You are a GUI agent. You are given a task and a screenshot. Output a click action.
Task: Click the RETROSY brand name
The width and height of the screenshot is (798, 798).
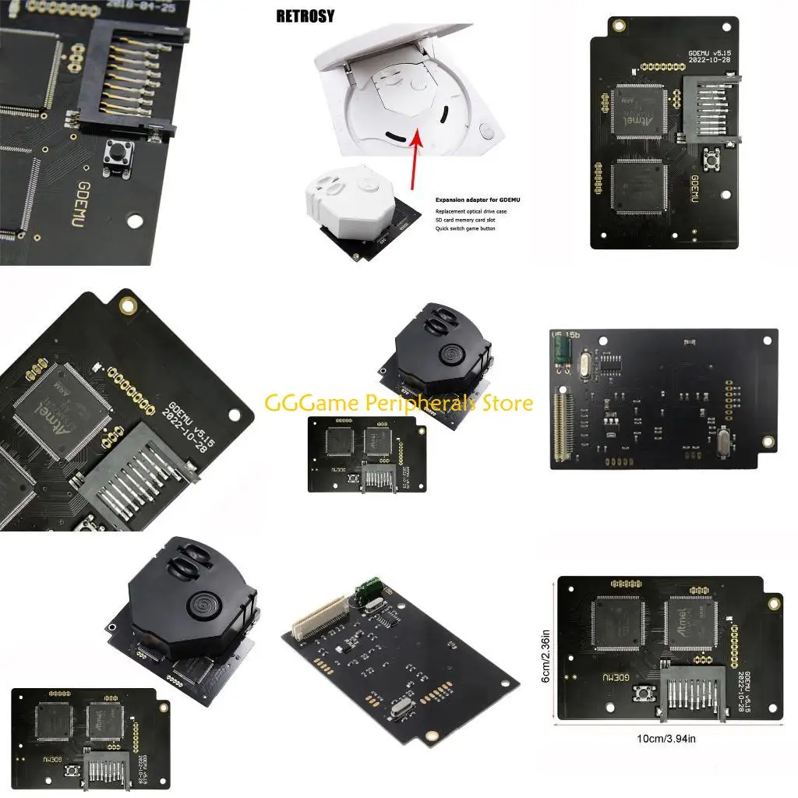pos(305,16)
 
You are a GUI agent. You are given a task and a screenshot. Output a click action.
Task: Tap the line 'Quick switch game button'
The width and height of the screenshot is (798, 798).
pos(464,228)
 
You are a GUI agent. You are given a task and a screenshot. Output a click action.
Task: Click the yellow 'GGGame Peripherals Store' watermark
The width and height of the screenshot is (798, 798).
pos(399,403)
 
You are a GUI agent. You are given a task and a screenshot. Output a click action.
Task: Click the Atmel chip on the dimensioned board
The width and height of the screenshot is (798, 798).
pos(690,623)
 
